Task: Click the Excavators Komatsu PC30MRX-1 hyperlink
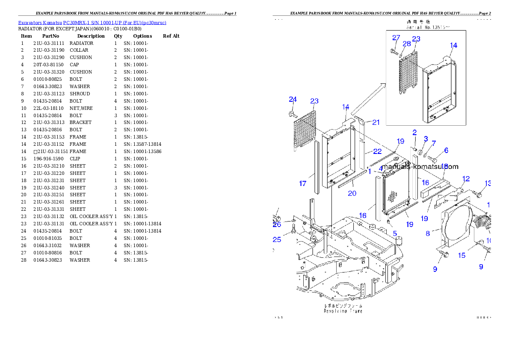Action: coord(92,23)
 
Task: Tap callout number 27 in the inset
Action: coord(396,38)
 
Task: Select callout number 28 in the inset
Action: coord(406,44)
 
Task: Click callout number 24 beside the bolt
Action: coord(293,100)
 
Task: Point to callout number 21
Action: coord(376,123)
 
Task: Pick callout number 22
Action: coord(377,151)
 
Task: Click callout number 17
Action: coord(302,184)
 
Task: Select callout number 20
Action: coord(352,193)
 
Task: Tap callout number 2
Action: coord(414,133)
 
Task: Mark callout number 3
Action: coord(426,139)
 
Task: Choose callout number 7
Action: coord(433,143)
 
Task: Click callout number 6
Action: coord(446,150)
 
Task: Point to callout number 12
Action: coord(466,179)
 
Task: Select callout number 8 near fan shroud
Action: coord(428,233)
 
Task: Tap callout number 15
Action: coord(462,256)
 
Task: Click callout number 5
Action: coord(395,233)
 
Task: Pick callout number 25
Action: coord(277,240)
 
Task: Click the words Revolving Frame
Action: coord(343,311)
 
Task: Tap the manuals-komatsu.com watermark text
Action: coord(420,167)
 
